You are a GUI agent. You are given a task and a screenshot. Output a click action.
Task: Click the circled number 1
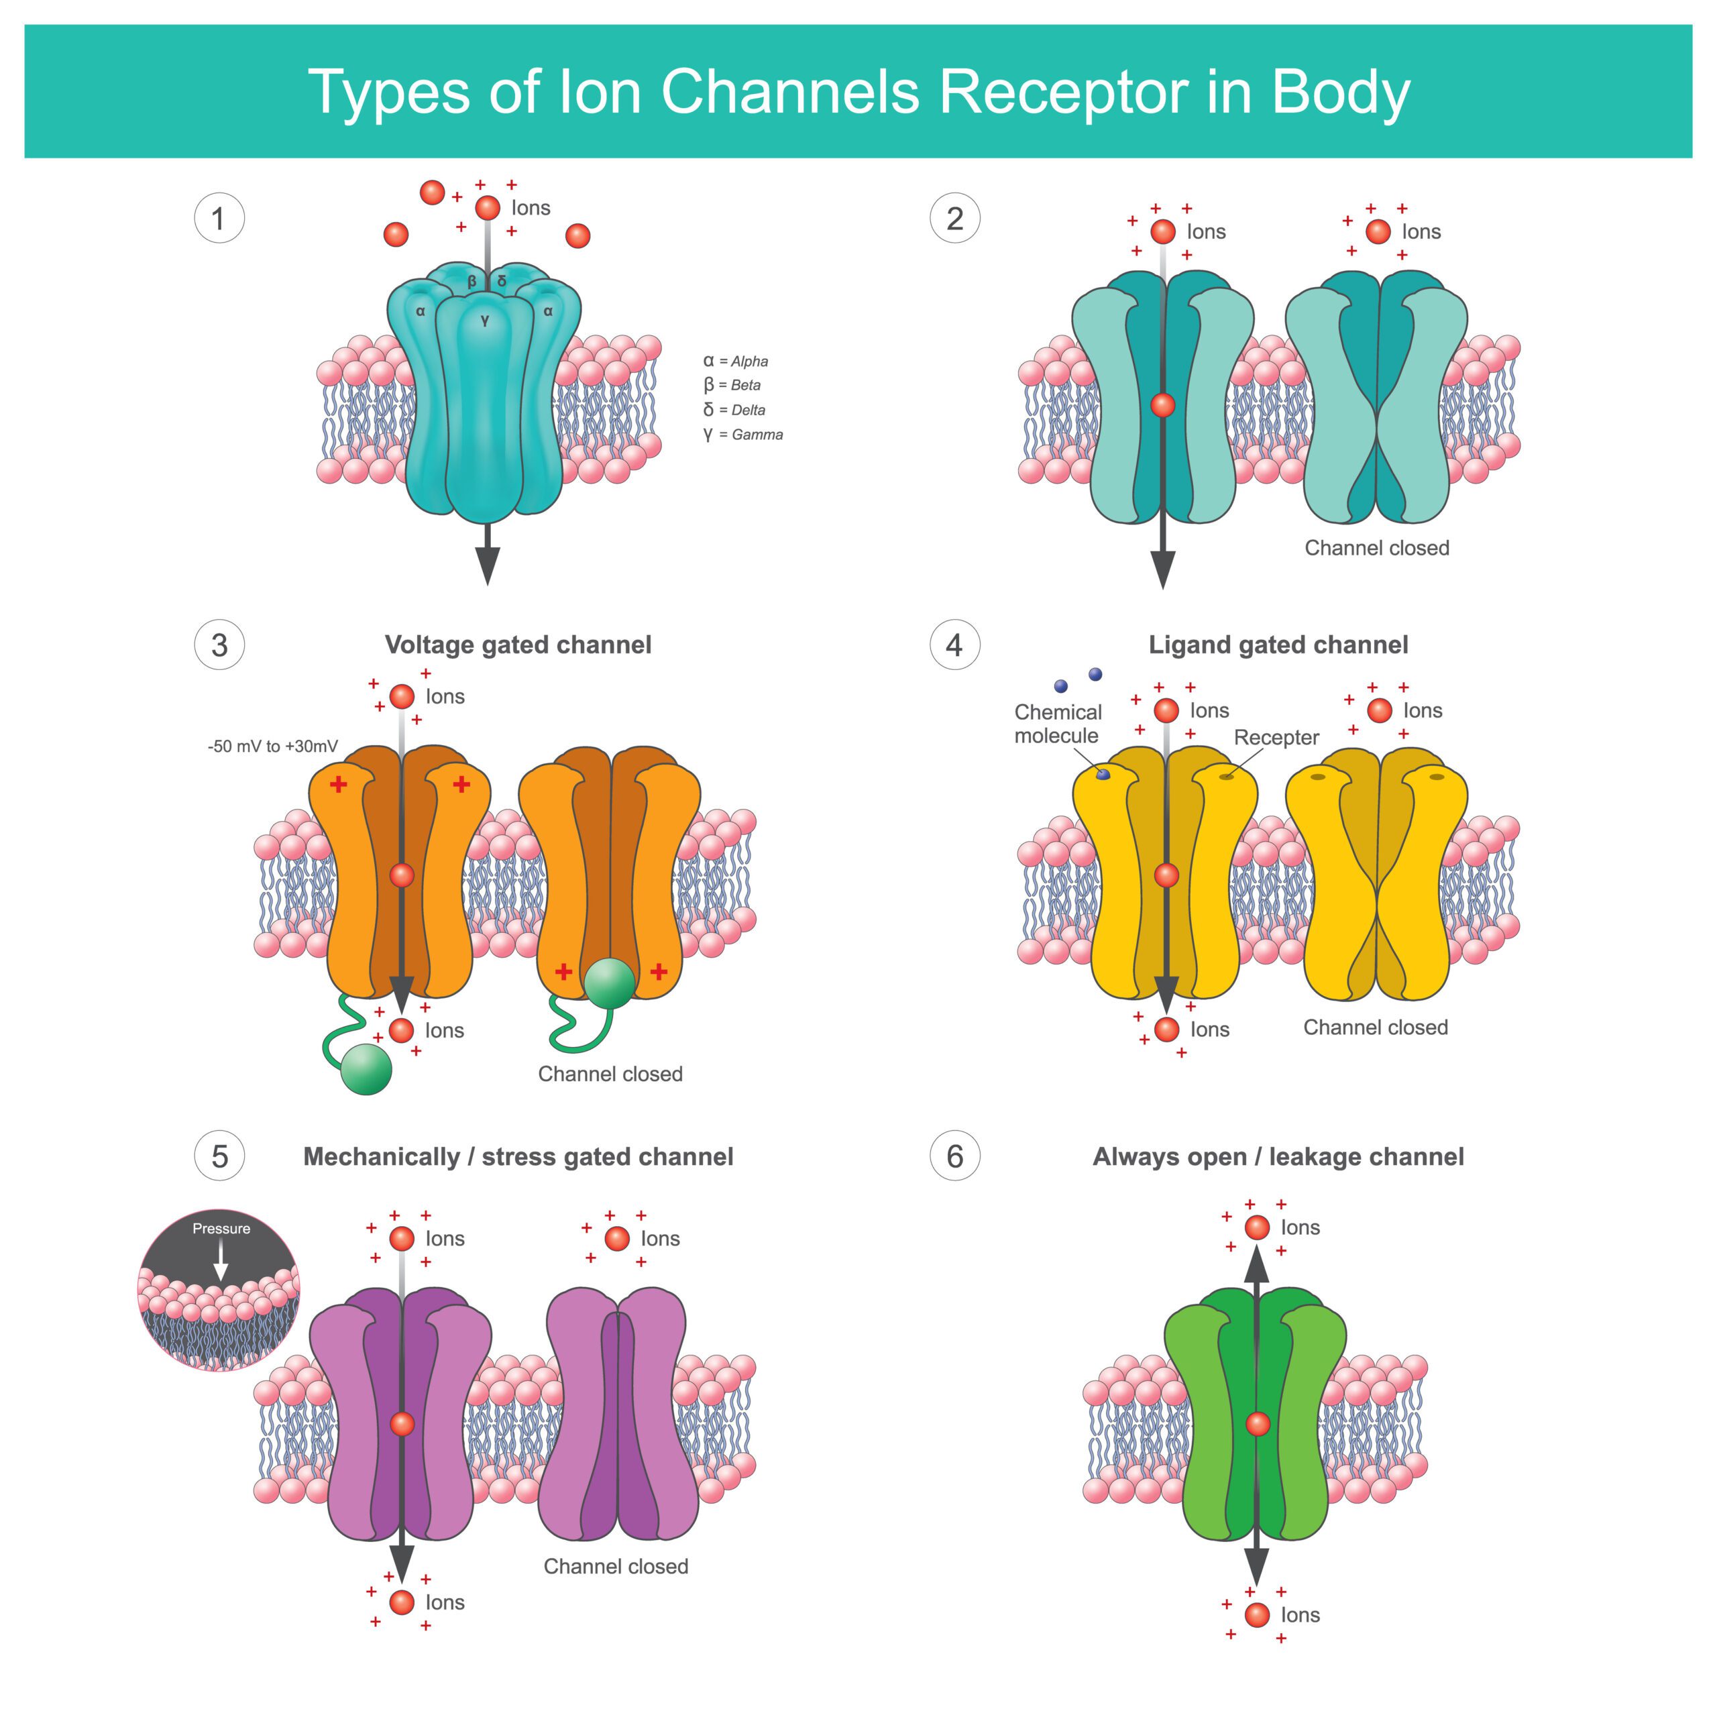(219, 219)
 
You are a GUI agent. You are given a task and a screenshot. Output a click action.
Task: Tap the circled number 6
(954, 1156)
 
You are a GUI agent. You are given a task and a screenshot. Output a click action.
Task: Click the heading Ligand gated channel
(1278, 645)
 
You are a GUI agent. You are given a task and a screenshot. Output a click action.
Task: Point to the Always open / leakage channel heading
(1278, 1157)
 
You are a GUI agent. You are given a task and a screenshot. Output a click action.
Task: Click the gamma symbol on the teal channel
(484, 321)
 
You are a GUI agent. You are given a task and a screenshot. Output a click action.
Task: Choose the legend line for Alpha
(736, 362)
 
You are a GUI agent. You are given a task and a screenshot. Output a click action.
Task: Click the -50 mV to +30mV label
(273, 746)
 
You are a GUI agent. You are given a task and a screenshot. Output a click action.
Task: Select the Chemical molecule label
(1058, 724)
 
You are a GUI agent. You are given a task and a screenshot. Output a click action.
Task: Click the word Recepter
(1276, 738)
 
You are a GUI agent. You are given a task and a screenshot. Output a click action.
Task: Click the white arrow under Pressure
(221, 1260)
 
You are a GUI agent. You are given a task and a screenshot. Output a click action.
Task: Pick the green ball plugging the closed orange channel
(610, 983)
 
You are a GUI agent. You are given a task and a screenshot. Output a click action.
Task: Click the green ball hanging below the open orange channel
(366, 1069)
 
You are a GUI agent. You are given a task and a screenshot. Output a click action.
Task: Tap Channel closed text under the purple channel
(616, 1567)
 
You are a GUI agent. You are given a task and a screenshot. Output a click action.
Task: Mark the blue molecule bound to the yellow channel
(1104, 775)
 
